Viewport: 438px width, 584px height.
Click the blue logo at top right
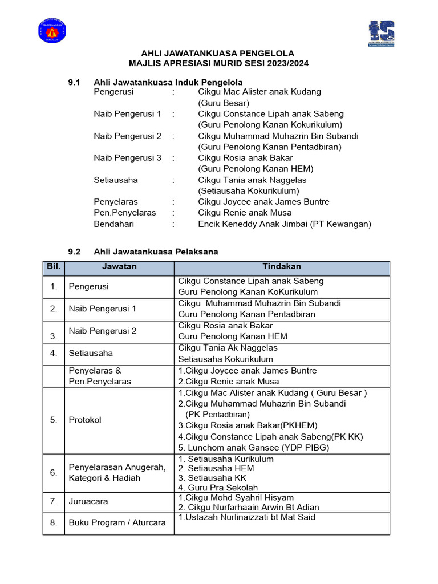tap(382, 34)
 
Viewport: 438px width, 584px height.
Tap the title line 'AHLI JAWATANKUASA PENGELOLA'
tap(219, 53)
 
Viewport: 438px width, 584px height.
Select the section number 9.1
tap(75, 83)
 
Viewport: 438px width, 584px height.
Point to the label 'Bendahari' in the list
tap(114, 224)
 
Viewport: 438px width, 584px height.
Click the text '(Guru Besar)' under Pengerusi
tap(224, 103)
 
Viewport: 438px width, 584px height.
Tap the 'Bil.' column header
tap(54, 267)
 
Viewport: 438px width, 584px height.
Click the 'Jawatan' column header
tap(119, 267)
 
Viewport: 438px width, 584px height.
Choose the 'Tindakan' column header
tap(282, 267)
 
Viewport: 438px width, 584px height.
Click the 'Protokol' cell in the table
tap(85, 420)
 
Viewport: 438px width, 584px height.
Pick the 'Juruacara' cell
tap(88, 501)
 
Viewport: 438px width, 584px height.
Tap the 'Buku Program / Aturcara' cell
tap(117, 522)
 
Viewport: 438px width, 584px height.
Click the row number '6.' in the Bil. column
tap(54, 473)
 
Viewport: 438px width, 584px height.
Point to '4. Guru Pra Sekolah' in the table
tap(218, 488)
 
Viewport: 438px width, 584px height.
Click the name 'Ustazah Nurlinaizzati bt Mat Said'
tap(249, 517)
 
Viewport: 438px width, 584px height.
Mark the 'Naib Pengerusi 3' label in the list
tap(128, 158)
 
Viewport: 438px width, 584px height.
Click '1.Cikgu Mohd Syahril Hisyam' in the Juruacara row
tap(236, 498)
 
